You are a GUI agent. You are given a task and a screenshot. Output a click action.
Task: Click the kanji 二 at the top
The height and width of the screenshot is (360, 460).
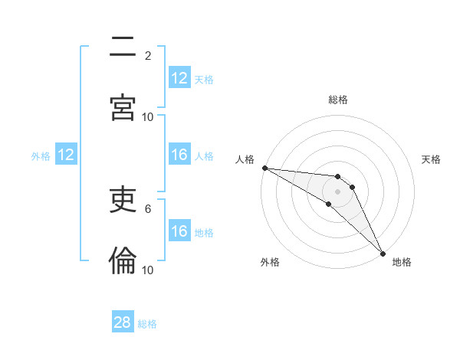(x=123, y=48)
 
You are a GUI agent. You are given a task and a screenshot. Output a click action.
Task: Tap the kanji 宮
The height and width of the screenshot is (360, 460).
(x=123, y=107)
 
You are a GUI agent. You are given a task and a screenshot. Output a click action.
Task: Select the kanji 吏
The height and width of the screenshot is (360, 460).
(x=123, y=201)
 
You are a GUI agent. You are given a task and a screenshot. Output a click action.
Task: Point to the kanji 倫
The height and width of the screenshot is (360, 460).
(x=123, y=261)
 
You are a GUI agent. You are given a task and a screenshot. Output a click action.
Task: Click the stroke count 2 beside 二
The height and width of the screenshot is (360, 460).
(x=148, y=56)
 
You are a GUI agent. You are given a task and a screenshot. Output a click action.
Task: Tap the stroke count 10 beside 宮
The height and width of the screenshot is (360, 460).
(x=148, y=116)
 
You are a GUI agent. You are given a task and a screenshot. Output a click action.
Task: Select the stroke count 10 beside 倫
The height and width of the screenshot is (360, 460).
(x=148, y=270)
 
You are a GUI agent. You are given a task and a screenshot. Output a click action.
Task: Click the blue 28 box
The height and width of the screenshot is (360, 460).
(x=123, y=322)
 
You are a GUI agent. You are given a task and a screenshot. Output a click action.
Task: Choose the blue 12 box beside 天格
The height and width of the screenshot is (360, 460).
(x=179, y=78)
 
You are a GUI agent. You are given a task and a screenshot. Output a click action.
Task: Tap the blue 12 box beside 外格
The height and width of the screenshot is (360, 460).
(x=66, y=155)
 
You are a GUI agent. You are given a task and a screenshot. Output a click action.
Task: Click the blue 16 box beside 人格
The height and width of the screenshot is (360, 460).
(x=179, y=155)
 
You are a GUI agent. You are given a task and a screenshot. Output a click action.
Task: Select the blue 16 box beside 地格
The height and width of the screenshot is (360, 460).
(x=179, y=231)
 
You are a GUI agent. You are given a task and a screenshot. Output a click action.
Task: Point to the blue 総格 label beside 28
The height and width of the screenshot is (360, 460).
(x=147, y=324)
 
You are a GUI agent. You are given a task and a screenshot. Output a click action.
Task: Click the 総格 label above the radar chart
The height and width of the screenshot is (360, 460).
(x=338, y=100)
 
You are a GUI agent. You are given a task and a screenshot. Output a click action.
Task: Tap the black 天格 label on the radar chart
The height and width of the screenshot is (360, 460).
(x=432, y=159)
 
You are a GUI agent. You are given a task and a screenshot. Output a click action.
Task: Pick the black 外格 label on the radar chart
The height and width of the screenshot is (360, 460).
(x=270, y=262)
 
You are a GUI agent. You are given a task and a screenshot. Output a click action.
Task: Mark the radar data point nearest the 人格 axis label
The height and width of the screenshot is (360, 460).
(x=264, y=168)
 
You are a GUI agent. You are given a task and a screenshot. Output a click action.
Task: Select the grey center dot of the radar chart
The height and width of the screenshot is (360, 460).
(x=337, y=191)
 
